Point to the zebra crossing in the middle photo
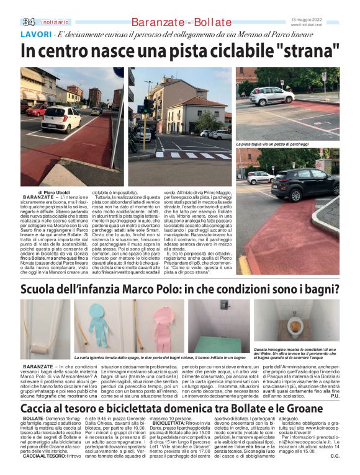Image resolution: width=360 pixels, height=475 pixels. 196,153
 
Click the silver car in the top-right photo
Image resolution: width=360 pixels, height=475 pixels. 271,95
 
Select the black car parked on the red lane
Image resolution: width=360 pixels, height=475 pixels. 304,184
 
